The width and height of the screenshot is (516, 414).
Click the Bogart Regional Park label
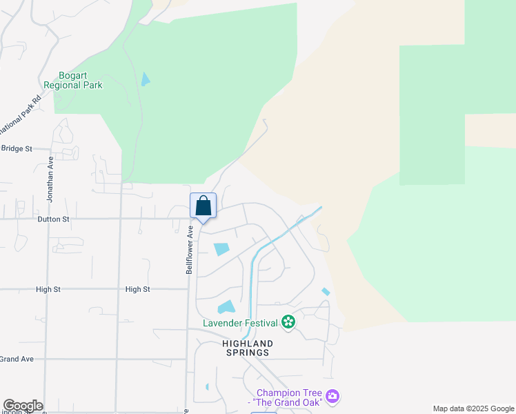(72, 80)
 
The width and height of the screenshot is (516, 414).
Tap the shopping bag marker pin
(203, 206)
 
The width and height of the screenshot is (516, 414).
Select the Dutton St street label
(52, 219)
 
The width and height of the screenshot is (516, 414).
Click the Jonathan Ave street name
(50, 178)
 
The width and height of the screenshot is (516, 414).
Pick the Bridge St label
(17, 148)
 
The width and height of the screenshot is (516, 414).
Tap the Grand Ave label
(17, 359)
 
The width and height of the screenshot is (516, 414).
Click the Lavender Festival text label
(240, 322)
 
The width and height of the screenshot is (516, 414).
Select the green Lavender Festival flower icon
(288, 322)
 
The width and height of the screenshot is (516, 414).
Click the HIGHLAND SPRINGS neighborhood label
(247, 348)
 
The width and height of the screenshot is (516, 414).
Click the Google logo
(23, 406)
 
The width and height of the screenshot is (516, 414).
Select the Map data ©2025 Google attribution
(473, 408)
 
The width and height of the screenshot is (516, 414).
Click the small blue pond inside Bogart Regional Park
(145, 79)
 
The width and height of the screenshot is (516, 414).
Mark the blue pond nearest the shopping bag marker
(221, 249)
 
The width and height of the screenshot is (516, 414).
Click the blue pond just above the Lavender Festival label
(226, 307)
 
